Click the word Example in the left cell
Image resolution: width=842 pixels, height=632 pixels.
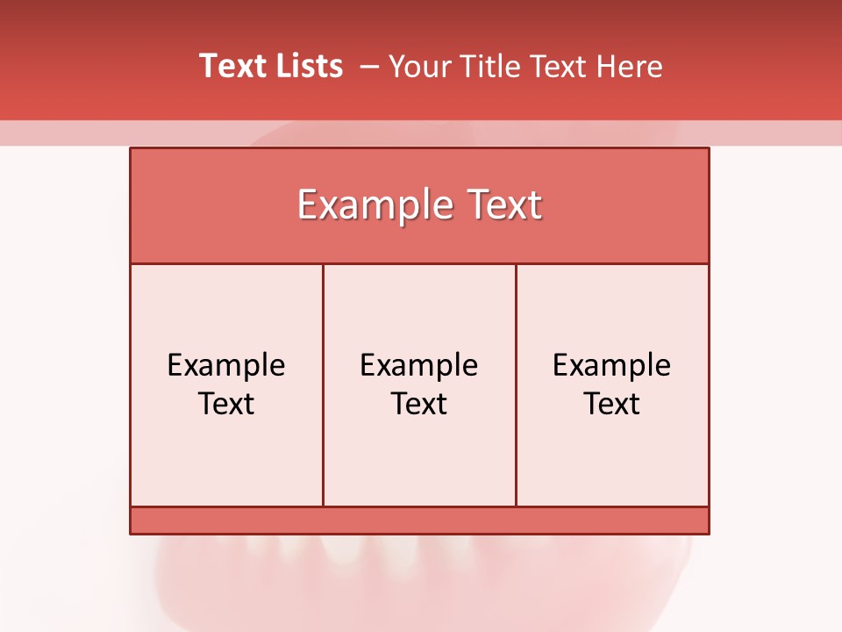(x=226, y=365)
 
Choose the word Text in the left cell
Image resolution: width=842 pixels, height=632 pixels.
(x=226, y=404)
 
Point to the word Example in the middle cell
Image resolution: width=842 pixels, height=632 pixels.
(x=419, y=365)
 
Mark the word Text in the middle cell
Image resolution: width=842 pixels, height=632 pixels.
(x=419, y=404)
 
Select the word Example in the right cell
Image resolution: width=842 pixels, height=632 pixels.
(x=611, y=365)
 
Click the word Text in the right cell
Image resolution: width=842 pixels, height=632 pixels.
(x=611, y=404)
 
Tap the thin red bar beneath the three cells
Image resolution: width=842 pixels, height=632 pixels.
(x=419, y=521)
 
